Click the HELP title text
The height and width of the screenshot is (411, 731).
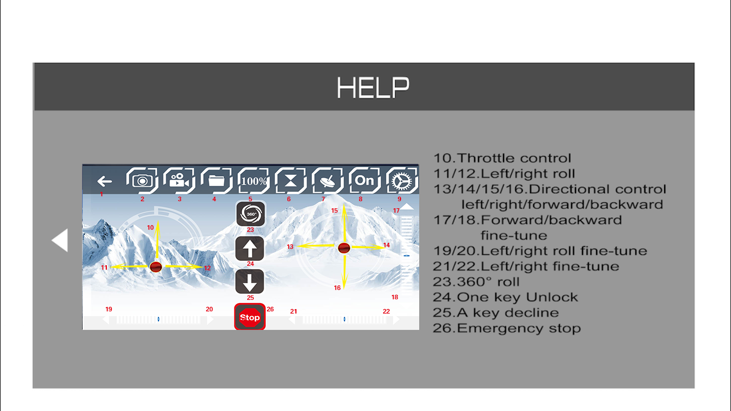(x=373, y=87)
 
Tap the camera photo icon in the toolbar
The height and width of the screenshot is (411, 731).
(x=142, y=180)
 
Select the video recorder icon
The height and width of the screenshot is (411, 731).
(x=179, y=180)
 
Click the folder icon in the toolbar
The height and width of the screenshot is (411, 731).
(x=216, y=180)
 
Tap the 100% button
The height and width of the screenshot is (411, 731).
(x=254, y=180)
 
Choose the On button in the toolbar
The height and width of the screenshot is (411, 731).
(x=365, y=180)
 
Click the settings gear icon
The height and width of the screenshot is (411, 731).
(x=402, y=180)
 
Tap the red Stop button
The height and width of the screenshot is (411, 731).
(x=250, y=317)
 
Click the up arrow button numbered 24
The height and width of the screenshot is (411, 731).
(x=250, y=248)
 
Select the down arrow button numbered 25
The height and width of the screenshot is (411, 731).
(x=250, y=282)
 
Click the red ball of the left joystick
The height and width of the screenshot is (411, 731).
(x=156, y=267)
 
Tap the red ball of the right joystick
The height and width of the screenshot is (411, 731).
(x=344, y=248)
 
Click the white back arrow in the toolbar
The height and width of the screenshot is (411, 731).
(x=105, y=181)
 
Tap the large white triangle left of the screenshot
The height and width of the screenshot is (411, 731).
(x=60, y=240)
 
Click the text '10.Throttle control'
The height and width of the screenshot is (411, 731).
(x=502, y=158)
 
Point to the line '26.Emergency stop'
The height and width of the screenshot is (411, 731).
(x=507, y=328)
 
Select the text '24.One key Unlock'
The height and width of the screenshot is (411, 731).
(x=505, y=297)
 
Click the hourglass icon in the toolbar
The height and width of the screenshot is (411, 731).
(x=290, y=180)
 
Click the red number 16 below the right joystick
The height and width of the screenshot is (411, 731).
(x=337, y=288)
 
